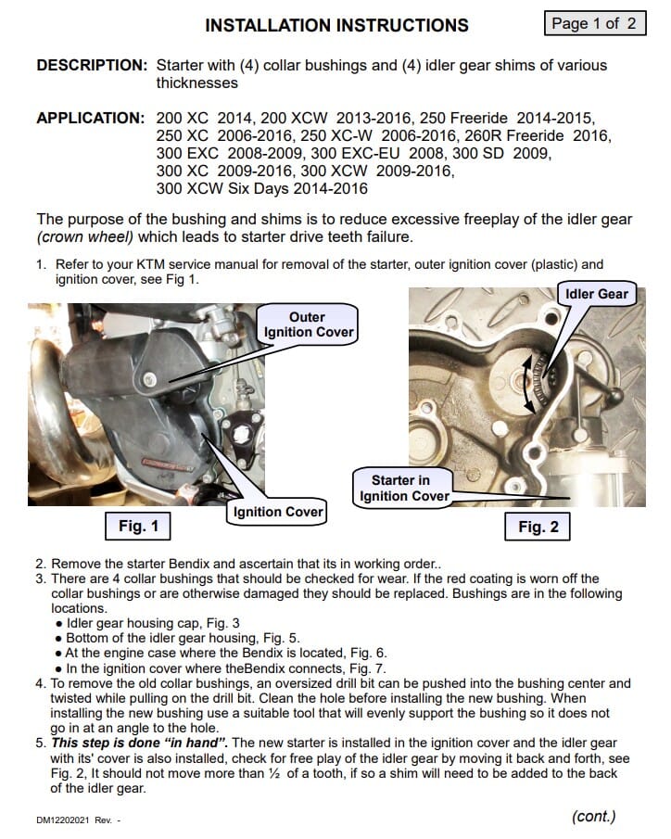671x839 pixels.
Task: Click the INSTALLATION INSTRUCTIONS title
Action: [x=336, y=25]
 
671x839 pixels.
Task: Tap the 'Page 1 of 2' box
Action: [x=593, y=23]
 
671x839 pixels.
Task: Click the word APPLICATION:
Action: [x=90, y=119]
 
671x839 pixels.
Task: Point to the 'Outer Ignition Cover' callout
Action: [x=307, y=324]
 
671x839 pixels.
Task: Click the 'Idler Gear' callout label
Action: [x=597, y=295]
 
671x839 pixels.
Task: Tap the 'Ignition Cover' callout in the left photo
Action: [x=278, y=512]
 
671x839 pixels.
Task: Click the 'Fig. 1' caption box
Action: [x=138, y=527]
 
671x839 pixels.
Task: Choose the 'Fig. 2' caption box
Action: [x=538, y=527]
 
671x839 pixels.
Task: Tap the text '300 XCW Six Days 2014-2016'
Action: [x=262, y=189]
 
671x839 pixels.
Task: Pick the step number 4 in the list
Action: [x=41, y=683]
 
